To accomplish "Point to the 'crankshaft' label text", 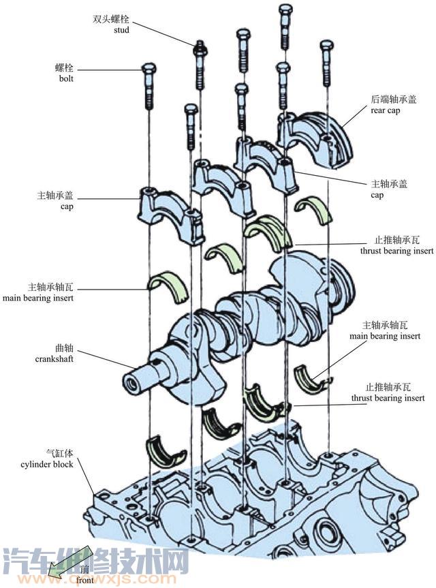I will (54, 358).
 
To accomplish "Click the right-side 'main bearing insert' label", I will (384, 336).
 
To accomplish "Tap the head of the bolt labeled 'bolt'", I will (149, 68).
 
